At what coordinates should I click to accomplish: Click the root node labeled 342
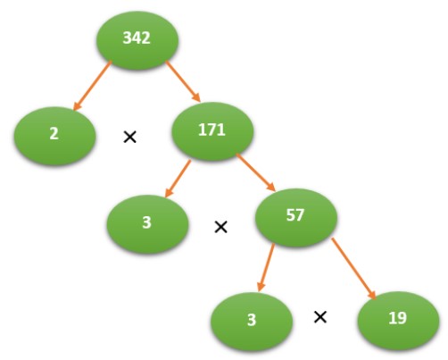coord(137,40)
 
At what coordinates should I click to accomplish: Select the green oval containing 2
coord(54,136)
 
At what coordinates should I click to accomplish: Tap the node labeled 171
coord(212,131)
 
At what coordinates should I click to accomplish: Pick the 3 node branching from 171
coord(147,224)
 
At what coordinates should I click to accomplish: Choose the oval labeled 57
coord(296,217)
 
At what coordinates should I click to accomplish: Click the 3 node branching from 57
coord(252,322)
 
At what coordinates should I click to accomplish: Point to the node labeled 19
coord(398,321)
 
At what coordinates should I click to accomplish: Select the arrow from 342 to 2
coord(92,86)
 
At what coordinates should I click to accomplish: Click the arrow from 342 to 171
coord(183,81)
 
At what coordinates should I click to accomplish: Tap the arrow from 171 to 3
coord(178,179)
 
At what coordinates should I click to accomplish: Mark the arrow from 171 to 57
coord(256,172)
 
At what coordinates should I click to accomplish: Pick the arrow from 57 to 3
coord(266,267)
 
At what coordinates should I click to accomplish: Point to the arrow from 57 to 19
coord(353,268)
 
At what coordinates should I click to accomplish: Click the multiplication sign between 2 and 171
coord(130,138)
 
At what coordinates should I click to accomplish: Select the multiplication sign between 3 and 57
coord(221,227)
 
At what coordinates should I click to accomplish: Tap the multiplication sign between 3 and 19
coord(320,317)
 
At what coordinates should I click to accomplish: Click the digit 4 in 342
coord(137,38)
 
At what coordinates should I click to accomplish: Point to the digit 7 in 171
coord(212,130)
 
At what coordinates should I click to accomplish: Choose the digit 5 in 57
coord(291,215)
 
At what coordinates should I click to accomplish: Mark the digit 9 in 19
coord(402,318)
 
